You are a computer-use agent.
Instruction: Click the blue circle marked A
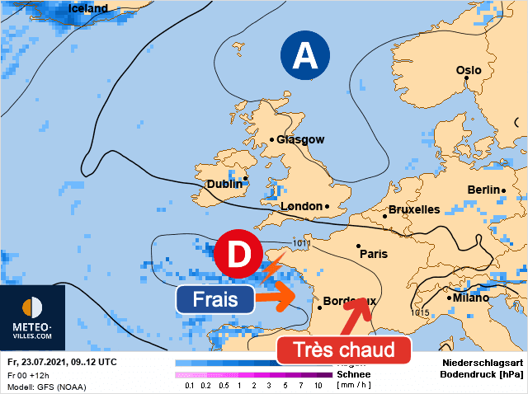[305, 56]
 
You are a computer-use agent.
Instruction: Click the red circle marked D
[238, 256]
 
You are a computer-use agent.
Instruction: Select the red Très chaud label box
[343, 349]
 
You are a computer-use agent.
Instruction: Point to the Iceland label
[88, 8]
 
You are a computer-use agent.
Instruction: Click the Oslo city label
[469, 71]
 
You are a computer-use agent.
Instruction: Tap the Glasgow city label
[300, 139]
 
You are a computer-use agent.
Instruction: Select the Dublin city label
[224, 184]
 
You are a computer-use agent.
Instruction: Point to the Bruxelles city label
[414, 209]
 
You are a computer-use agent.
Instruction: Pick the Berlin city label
[483, 190]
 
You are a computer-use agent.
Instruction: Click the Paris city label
[374, 254]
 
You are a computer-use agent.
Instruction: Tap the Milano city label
[469, 298]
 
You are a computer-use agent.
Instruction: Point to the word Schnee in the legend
[353, 373]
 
